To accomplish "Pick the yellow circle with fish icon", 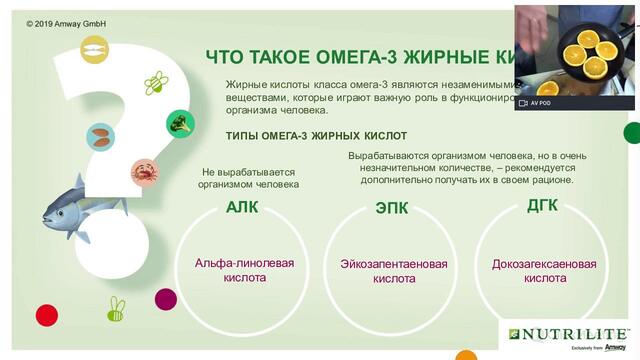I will tap(91, 46).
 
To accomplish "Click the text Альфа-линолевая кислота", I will tap(244, 270).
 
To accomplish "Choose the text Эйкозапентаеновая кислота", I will tap(394, 271).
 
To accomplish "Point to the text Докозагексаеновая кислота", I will tap(544, 271).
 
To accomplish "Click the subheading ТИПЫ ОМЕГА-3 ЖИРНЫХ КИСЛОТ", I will tap(316, 135).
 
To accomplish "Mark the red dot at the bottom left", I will tap(166, 299).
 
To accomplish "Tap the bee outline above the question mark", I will tap(155, 82).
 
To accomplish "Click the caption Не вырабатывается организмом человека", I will tap(250, 178).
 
